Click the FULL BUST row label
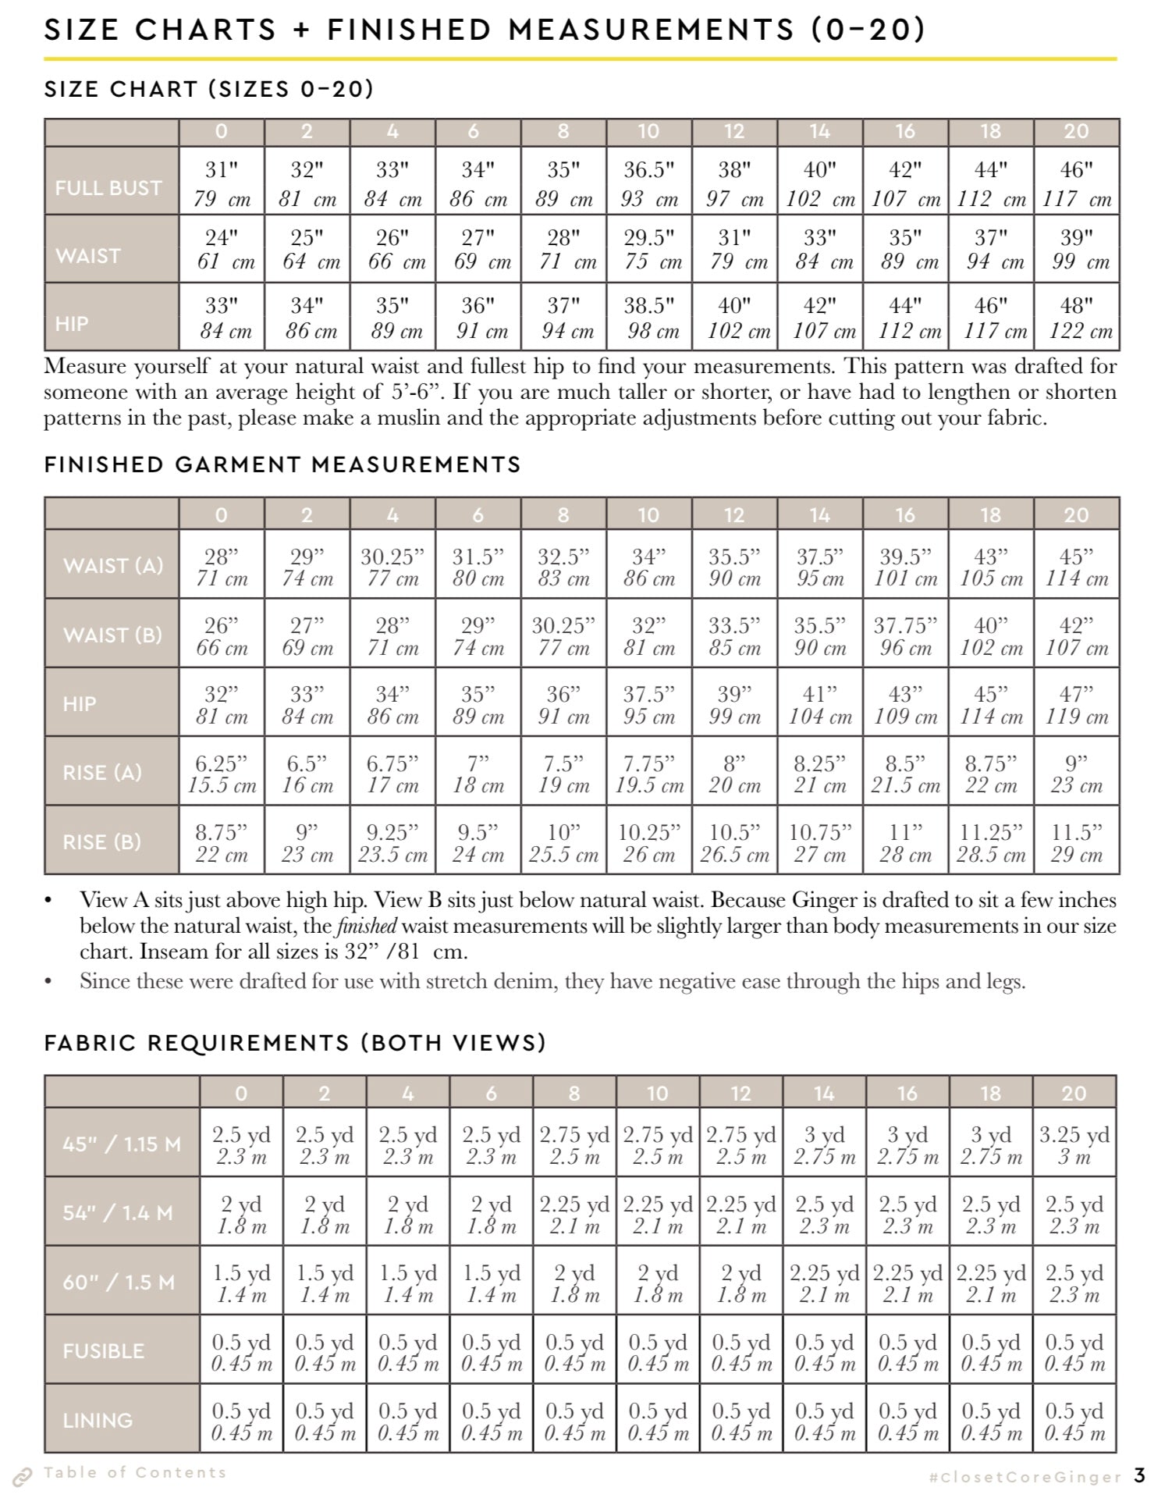tap(108, 188)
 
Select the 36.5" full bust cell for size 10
tap(648, 183)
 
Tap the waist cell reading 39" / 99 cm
tap(1077, 249)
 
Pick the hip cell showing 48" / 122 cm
tap(1077, 317)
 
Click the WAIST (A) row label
tap(113, 565)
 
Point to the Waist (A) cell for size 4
tap(392, 567)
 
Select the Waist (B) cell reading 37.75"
tap(905, 635)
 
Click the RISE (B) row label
tap(102, 842)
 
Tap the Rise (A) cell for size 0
tap(222, 773)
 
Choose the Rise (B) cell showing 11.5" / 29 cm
tap(1076, 842)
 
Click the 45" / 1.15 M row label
tap(122, 1144)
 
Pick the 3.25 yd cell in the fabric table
tap(1074, 1144)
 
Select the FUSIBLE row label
tap(104, 1351)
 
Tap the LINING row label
tap(98, 1420)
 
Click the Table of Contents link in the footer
tap(135, 1472)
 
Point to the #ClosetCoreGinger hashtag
tap(1025, 1477)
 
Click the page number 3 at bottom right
tap(1139, 1475)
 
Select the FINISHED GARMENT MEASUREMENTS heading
tap(282, 464)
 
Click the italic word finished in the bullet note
tap(366, 927)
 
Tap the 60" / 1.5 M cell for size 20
tap(1074, 1283)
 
